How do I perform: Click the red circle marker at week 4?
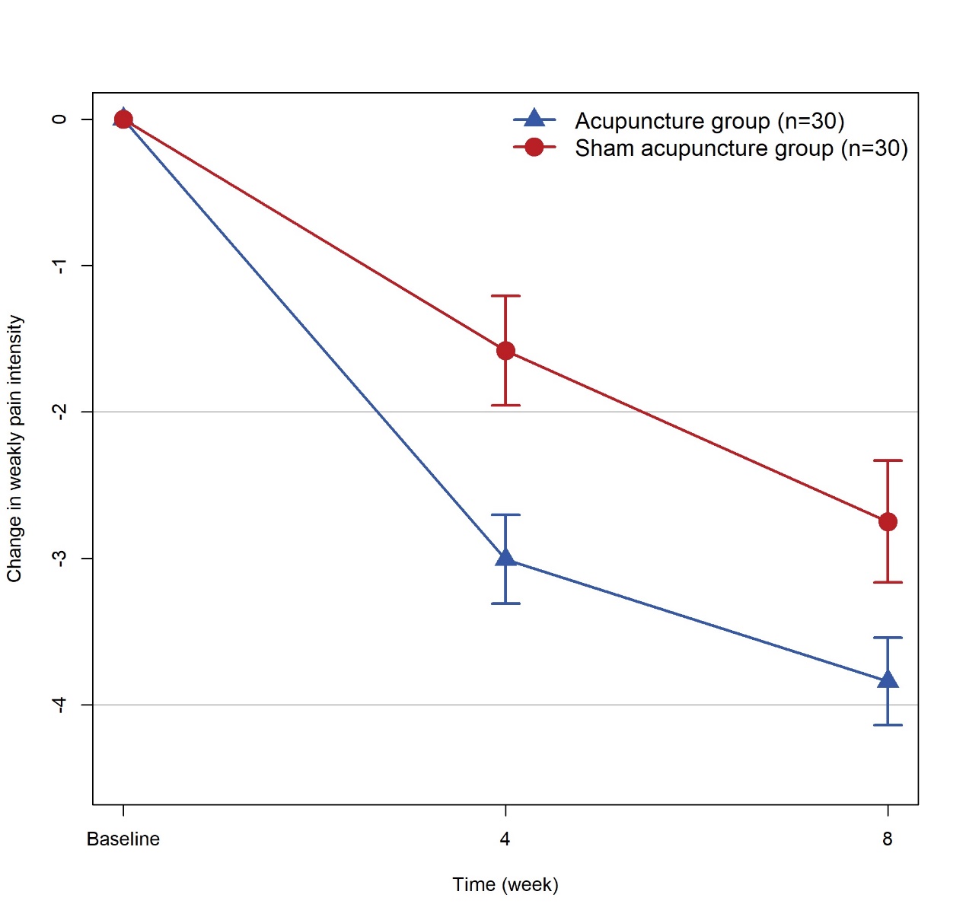505,351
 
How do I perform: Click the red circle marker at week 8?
888,522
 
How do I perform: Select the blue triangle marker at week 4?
505,559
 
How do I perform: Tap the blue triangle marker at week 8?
888,680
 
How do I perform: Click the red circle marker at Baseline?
123,119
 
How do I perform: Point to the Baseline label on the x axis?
123,839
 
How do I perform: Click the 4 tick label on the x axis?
505,839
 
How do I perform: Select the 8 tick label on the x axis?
888,839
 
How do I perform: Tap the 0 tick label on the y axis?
59,119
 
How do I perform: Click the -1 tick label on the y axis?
59,266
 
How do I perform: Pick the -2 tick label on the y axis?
59,412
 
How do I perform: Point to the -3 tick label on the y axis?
59,558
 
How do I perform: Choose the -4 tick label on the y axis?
59,705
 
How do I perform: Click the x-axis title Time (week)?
505,885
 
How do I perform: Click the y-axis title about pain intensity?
14,449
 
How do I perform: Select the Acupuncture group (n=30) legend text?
709,121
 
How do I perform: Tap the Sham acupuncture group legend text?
741,148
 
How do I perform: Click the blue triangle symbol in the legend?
534,119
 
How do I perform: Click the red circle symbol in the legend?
534,147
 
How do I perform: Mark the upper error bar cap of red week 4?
505,295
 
